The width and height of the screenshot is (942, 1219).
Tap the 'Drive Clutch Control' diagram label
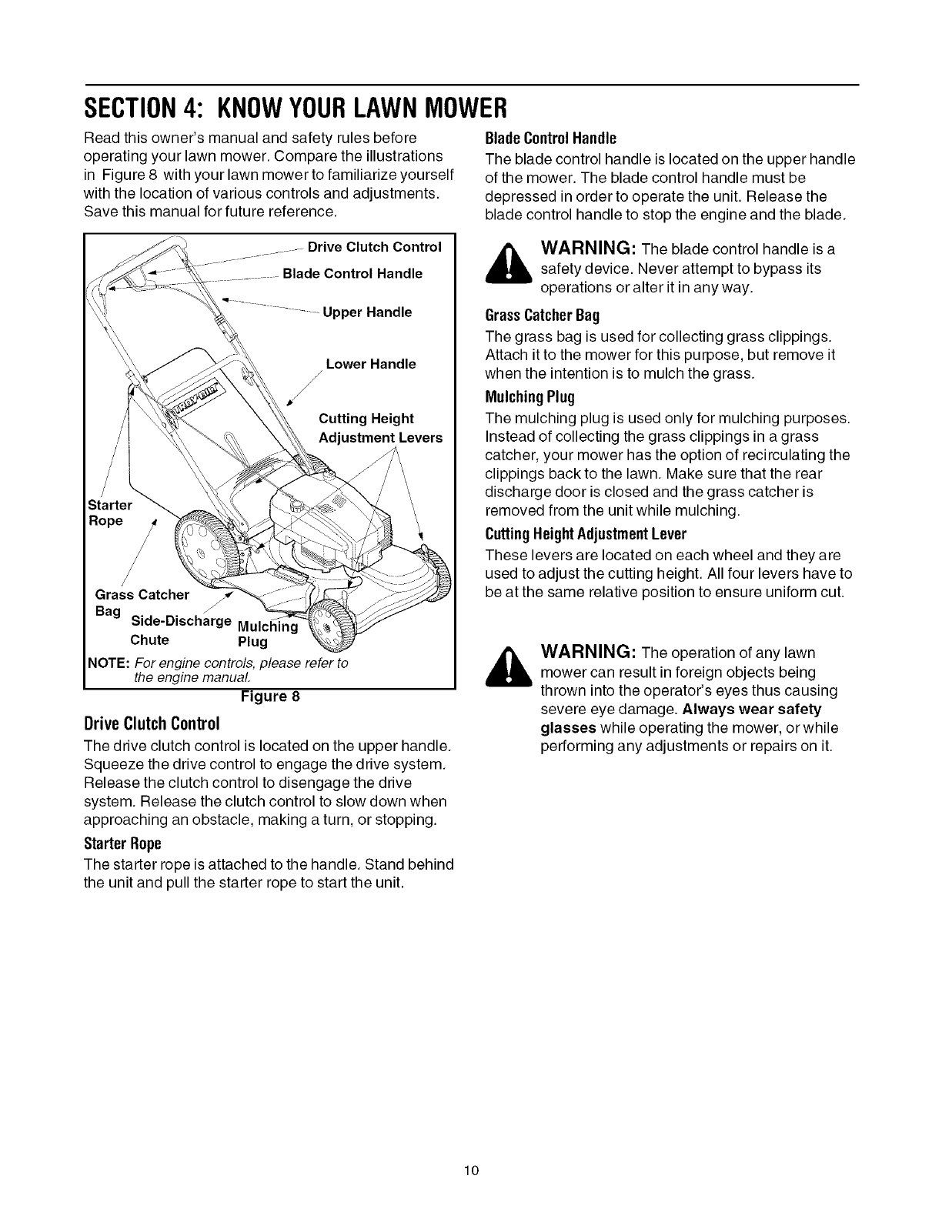(x=374, y=247)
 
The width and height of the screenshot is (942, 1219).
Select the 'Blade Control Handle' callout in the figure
(x=352, y=273)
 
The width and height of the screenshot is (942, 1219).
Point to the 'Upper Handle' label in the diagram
(x=367, y=312)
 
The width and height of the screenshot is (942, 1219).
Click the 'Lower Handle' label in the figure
(x=371, y=363)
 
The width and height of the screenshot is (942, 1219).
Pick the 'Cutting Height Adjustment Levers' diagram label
(x=380, y=428)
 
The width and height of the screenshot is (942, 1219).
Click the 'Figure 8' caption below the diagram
(x=269, y=697)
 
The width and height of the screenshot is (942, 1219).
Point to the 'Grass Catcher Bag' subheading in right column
(x=543, y=316)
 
